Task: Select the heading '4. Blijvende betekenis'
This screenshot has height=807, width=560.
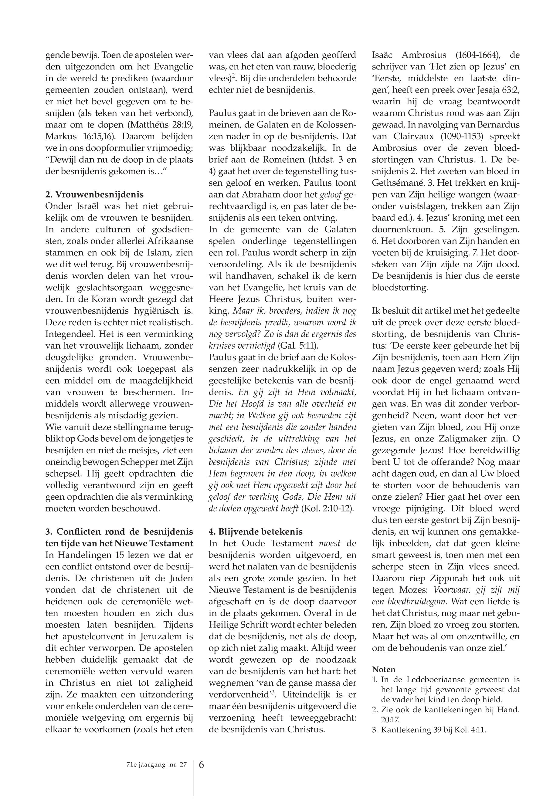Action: pos(256,531)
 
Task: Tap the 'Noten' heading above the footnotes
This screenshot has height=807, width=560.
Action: pos(384,669)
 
